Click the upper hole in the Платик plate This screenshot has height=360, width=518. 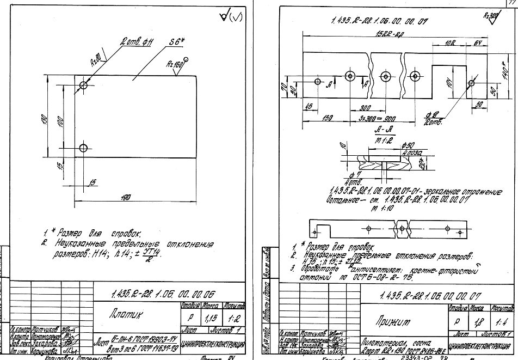83,85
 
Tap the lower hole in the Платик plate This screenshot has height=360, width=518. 83,148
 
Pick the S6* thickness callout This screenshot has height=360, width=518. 177,41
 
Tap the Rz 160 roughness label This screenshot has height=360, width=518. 176,64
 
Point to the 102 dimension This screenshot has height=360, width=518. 450,42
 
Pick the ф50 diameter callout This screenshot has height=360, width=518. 408,147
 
